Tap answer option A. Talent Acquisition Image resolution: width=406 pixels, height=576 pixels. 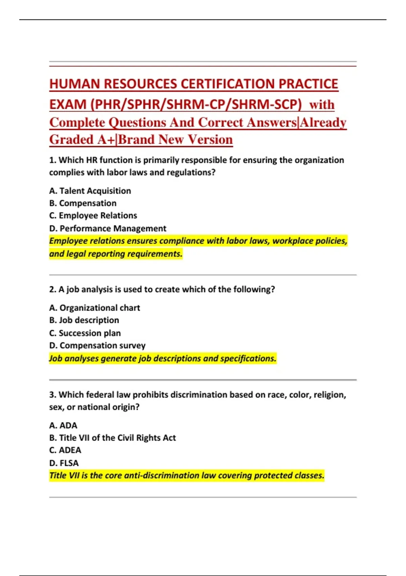[x=90, y=191]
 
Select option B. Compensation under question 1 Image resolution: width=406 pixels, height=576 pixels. [x=83, y=203]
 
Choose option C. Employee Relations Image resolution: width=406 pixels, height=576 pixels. [x=93, y=215]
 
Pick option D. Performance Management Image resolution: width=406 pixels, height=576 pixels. [x=108, y=228]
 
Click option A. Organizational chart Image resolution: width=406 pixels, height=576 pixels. [x=94, y=308]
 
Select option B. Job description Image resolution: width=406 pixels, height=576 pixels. [x=84, y=320]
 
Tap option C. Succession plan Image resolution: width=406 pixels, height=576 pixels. [x=85, y=333]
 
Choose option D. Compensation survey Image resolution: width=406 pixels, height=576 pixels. [x=97, y=346]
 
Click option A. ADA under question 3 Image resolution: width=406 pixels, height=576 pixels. [x=63, y=425]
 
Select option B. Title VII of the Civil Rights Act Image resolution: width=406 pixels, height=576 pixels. [x=112, y=438]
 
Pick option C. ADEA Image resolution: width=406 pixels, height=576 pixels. [x=65, y=450]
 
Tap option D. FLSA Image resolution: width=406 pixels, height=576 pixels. [x=64, y=463]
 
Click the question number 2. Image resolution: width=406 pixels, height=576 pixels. [x=52, y=289]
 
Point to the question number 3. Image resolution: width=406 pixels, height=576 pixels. [x=52, y=395]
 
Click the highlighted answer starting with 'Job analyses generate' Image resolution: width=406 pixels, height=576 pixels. [x=163, y=358]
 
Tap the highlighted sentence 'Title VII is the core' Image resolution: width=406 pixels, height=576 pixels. [x=186, y=475]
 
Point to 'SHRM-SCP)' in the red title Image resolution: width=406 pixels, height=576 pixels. [x=266, y=104]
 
